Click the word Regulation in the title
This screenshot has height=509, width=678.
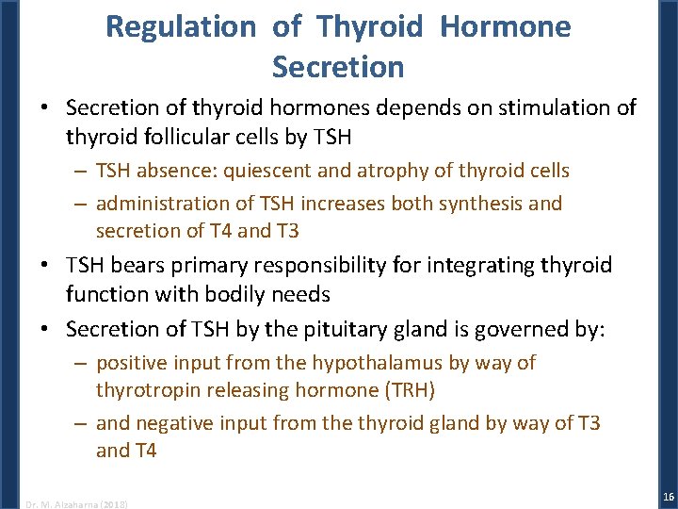click(180, 26)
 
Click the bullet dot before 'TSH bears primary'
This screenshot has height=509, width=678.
click(46, 266)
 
